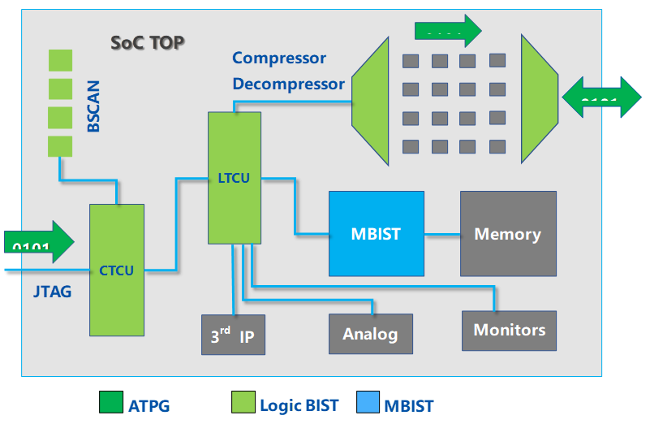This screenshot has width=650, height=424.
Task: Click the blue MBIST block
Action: coord(376,233)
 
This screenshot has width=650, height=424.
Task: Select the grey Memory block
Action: coord(508,233)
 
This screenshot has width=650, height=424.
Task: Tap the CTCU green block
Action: coord(116,270)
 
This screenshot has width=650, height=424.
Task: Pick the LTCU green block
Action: coord(234,177)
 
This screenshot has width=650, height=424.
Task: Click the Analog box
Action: coord(370,333)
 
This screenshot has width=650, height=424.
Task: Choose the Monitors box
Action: coord(509,330)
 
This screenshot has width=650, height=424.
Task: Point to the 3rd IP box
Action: coord(234,334)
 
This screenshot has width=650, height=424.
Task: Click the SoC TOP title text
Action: coord(147,42)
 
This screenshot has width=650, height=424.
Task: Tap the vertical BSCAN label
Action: coord(94,105)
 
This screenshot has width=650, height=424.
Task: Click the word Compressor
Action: coord(279,58)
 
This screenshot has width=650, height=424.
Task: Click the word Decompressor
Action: coord(288,84)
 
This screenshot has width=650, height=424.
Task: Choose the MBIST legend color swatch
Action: coord(368,404)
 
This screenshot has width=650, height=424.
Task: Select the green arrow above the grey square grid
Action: coord(447,31)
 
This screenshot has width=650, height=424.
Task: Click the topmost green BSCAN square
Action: coord(60,60)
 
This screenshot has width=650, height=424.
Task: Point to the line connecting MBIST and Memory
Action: coord(442,235)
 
